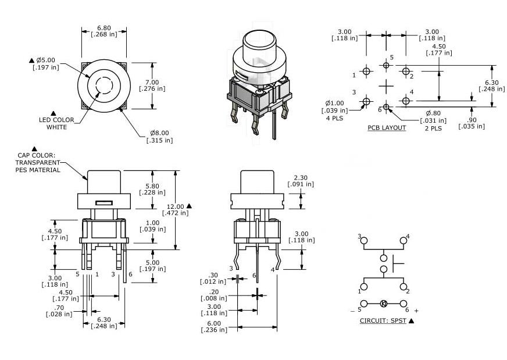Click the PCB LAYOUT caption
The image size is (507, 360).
(x=387, y=128)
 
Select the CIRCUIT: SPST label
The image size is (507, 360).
(x=383, y=320)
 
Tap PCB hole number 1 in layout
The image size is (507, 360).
(x=366, y=72)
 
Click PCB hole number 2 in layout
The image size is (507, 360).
(x=405, y=72)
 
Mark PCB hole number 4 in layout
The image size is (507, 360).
(x=405, y=101)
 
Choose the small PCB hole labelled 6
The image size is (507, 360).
(x=387, y=108)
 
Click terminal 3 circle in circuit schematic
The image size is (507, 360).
(x=364, y=240)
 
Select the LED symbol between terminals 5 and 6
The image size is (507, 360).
(x=383, y=304)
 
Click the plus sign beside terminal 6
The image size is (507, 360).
(x=416, y=311)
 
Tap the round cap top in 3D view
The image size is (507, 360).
(x=260, y=42)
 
